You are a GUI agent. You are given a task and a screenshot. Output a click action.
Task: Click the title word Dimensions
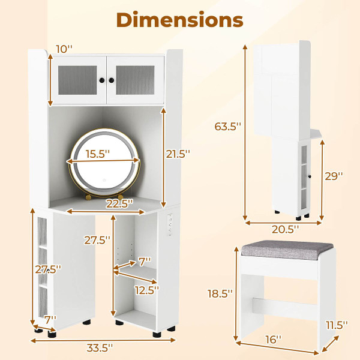180,19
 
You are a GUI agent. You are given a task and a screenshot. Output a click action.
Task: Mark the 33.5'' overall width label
99,346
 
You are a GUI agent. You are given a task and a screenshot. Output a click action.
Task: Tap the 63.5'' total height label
229,127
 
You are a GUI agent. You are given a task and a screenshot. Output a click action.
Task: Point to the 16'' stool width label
273,340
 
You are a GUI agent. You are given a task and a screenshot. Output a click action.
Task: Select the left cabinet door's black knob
103,80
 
